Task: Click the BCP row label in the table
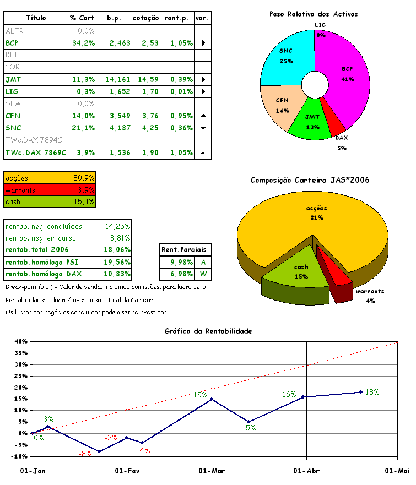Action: tap(12, 43)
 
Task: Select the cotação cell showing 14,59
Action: tap(145, 79)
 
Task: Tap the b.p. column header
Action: tap(114, 18)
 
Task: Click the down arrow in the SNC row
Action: tap(203, 128)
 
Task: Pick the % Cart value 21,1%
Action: tap(83, 128)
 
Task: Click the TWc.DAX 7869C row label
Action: tap(35, 152)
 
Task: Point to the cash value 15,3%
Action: tap(84, 202)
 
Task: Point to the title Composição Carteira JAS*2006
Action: tap(310, 180)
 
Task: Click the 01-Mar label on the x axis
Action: tap(212, 471)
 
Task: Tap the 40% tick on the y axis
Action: tap(21, 342)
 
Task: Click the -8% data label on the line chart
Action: tap(85, 454)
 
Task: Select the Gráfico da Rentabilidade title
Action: tap(208, 331)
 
